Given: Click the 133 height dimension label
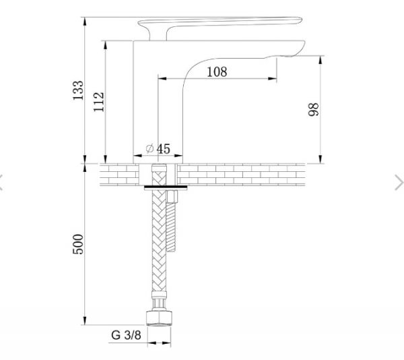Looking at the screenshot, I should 78,90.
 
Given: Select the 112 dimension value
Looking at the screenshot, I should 100,101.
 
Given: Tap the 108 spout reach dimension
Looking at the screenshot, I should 216,71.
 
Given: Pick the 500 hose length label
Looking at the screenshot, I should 78,243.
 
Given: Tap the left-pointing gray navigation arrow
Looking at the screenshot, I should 3,180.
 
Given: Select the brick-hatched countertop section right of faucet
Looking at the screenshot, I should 283,174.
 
